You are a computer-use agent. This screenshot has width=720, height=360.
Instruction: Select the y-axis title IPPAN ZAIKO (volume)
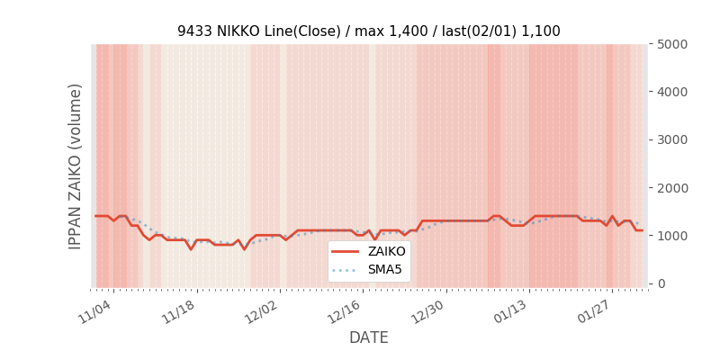[x=76, y=166]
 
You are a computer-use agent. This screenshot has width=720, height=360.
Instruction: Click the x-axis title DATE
[x=369, y=337]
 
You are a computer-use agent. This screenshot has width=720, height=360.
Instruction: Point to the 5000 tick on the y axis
[x=671, y=44]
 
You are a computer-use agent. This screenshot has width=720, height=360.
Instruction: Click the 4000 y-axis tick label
[x=671, y=92]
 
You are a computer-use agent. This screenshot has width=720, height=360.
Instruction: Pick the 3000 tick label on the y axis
[x=671, y=139]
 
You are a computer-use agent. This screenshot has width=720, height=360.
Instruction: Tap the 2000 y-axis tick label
[x=671, y=188]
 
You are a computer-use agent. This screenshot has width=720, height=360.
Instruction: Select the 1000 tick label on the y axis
[x=671, y=236]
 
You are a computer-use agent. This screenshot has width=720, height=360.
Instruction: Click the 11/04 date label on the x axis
[x=94, y=310]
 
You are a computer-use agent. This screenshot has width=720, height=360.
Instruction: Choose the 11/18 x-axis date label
[x=177, y=310]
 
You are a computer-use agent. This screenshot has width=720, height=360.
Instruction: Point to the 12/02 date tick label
[x=260, y=310]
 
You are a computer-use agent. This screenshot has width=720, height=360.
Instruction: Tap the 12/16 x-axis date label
[x=344, y=310]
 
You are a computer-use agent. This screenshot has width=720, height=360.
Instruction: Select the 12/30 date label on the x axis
[x=427, y=310]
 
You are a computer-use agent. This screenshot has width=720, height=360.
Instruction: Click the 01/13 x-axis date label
[x=510, y=310]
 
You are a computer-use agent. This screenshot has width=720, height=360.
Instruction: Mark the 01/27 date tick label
[x=593, y=310]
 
